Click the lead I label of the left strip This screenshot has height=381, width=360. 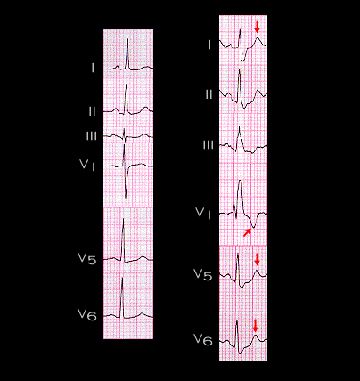click(93, 69)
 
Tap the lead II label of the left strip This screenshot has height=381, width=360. click(92, 111)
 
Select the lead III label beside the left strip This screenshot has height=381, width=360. click(92, 136)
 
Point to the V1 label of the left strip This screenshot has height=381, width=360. click(87, 165)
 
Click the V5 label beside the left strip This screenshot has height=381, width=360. click(86, 258)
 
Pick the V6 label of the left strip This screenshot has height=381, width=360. click(87, 314)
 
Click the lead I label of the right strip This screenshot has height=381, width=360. click(209, 45)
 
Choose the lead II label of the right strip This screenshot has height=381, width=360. click(209, 94)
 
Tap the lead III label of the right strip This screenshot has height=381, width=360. click(208, 145)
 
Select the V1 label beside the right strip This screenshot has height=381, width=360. click(203, 214)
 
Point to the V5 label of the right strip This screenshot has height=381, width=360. click(203, 274)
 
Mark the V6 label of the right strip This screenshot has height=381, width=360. click(203, 340)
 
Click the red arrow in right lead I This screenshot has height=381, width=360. click(258, 28)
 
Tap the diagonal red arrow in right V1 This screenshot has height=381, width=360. click(247, 232)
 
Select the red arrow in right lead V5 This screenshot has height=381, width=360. click(258, 261)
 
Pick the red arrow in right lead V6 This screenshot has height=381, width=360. click(255, 327)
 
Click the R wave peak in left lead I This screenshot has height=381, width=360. click(127, 39)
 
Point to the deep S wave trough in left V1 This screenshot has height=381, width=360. click(126, 198)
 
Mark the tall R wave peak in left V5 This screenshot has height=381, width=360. click(123, 219)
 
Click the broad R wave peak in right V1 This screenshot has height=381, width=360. click(240, 180)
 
